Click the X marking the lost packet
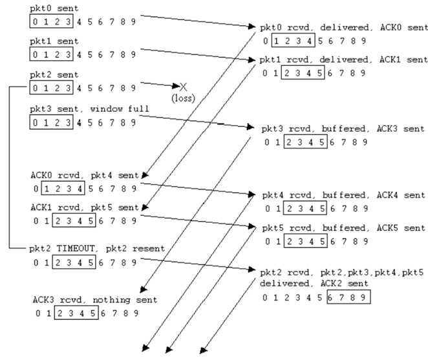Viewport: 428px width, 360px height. click(184, 86)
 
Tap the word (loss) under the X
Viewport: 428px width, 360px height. click(184, 98)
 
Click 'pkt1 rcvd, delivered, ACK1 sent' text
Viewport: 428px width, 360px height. click(343, 59)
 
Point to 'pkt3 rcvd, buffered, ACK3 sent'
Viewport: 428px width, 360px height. click(343, 129)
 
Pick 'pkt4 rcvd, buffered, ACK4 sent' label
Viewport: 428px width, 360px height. click(343, 195)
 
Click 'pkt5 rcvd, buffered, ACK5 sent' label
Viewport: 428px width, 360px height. click(343, 228)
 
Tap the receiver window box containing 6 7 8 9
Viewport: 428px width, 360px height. click(349, 298)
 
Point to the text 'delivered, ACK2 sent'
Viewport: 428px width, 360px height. click(314, 284)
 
